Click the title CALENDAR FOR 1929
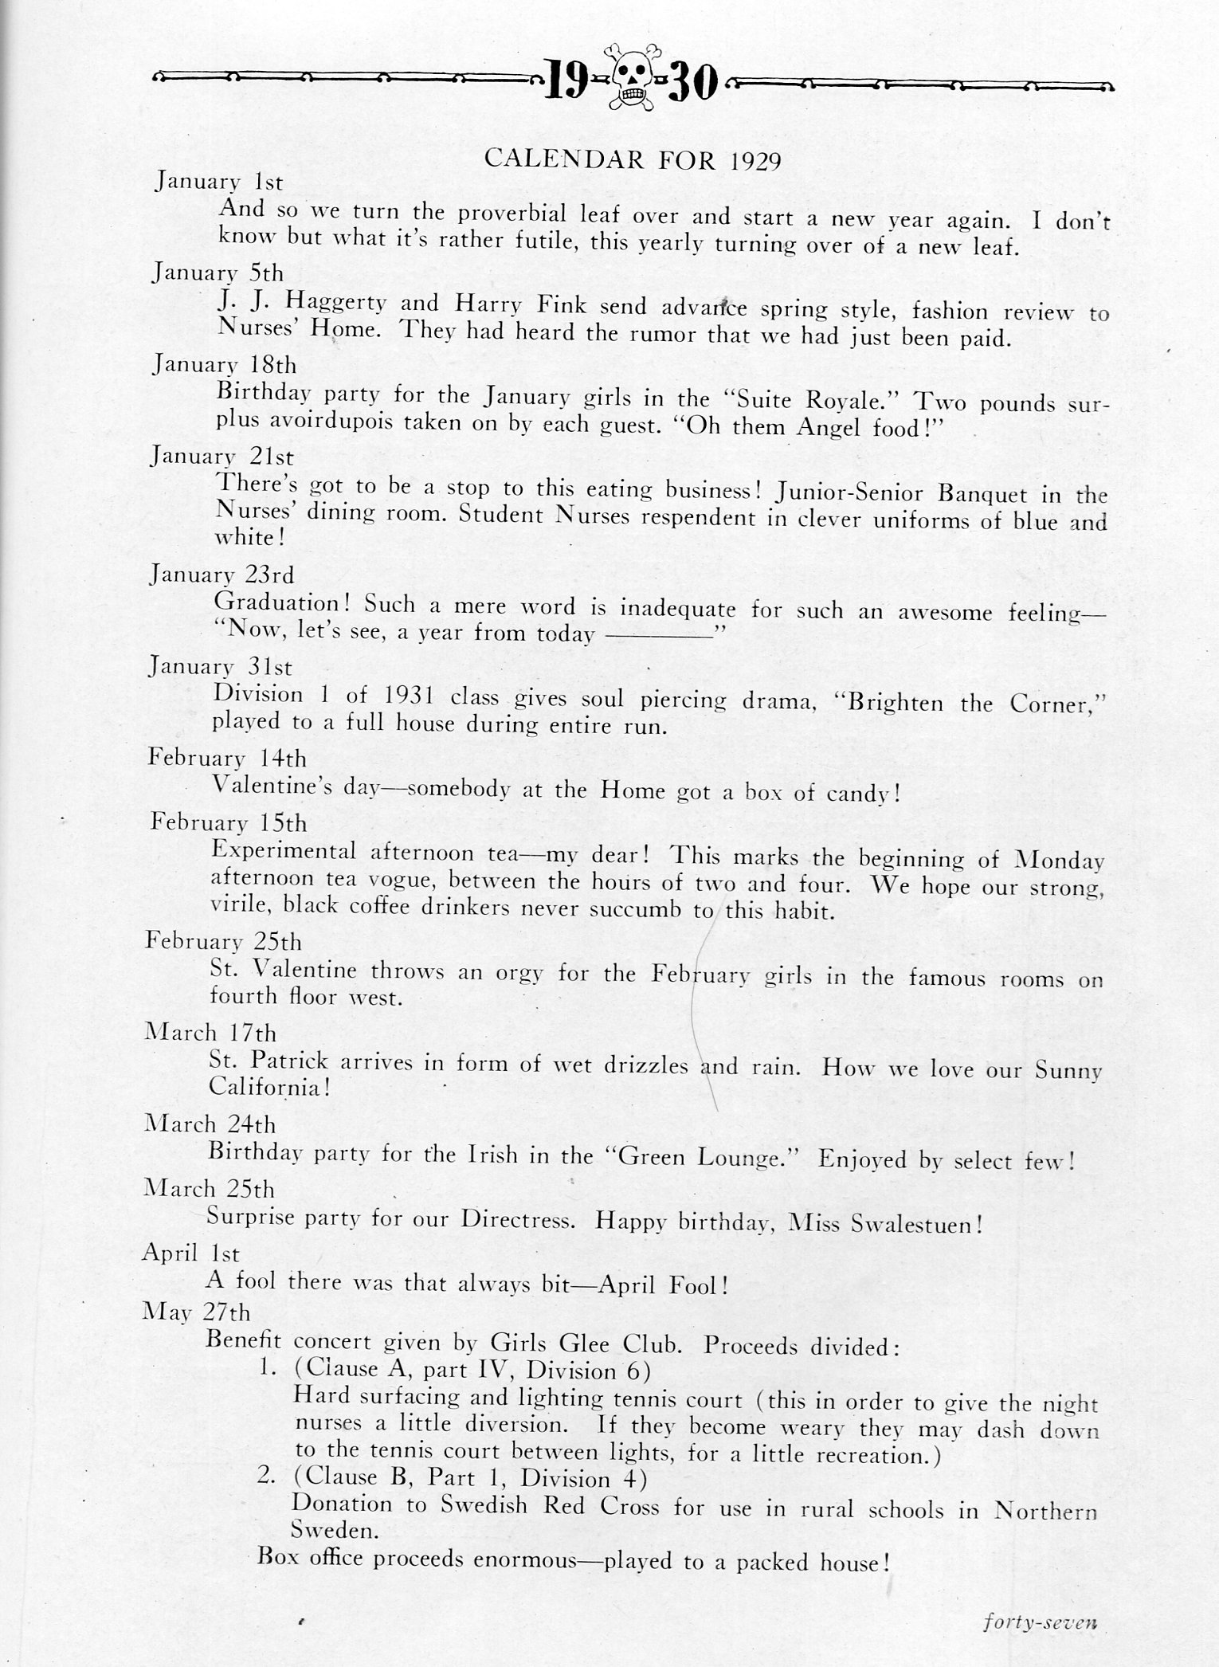coord(633,160)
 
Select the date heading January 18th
coord(224,365)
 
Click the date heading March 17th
coord(210,1034)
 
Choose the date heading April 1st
coord(190,1253)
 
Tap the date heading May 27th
coord(196,1312)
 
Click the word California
coord(269,1088)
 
